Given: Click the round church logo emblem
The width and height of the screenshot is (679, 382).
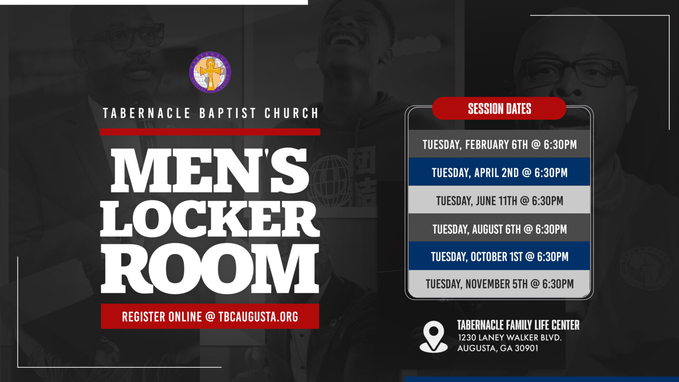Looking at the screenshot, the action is pos(210,72).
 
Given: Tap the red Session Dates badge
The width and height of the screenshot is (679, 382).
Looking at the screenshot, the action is pos(499,108).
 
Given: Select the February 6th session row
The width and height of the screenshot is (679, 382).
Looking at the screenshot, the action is pos(499,144).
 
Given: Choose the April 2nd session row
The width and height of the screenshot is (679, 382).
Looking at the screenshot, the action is pos(499,172).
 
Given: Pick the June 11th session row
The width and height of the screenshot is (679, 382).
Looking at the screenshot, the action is pos(499,200).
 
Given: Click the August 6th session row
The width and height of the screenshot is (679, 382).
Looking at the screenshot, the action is pos(499,228).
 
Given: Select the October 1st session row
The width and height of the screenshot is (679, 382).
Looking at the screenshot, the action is pos(499,256).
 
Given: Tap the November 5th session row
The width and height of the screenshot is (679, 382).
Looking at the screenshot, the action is pos(499,283).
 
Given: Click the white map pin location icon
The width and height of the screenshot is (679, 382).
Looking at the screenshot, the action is pos(434,336).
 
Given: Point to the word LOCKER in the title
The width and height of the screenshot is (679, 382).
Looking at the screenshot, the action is pos(210,219).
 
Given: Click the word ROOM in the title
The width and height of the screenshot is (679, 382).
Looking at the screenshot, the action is pos(210,268).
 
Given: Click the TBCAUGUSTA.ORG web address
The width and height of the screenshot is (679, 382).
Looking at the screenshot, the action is pos(258,317).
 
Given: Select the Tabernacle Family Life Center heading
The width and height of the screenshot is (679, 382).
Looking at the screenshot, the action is pos(518,325).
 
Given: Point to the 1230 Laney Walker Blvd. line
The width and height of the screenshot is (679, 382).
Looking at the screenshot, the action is pos(510,337).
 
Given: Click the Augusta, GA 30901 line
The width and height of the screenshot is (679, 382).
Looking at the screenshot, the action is pos(498,348).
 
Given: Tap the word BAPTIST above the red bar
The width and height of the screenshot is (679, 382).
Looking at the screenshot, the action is pos(228,113).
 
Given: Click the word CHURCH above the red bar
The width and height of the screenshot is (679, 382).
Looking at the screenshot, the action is pos(291,113).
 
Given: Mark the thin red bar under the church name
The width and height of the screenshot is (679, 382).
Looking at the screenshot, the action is pos(210,132).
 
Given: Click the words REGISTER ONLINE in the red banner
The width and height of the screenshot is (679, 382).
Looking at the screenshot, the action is pos(161,317).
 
